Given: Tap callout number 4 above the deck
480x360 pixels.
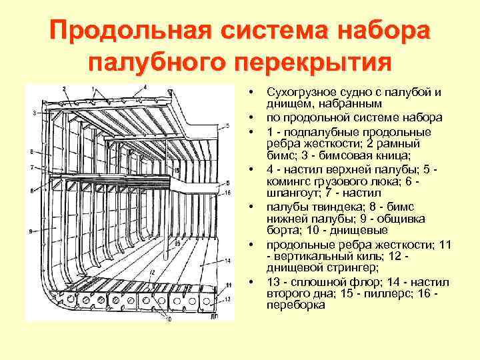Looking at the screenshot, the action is click(x=145, y=85).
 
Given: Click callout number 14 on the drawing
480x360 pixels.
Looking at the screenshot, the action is click(x=228, y=259).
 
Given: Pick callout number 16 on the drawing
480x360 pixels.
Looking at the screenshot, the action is click(x=227, y=193).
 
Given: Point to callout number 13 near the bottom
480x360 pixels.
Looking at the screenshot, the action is click(x=227, y=299).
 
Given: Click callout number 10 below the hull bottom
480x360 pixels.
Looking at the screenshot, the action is click(x=168, y=319).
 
